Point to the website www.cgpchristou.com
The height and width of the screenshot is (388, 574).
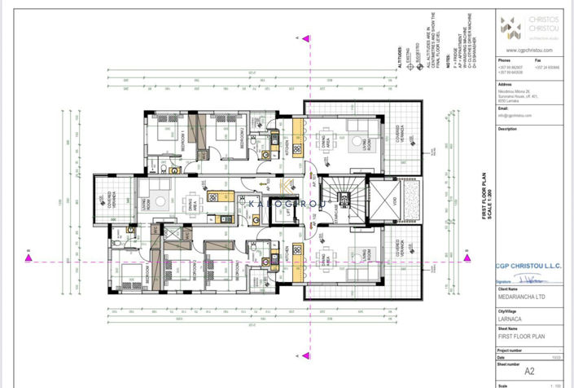(524, 50)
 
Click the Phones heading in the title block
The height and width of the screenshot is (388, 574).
(505, 60)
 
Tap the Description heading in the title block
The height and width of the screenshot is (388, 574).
(507, 129)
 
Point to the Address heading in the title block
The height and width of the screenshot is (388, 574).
(504, 84)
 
